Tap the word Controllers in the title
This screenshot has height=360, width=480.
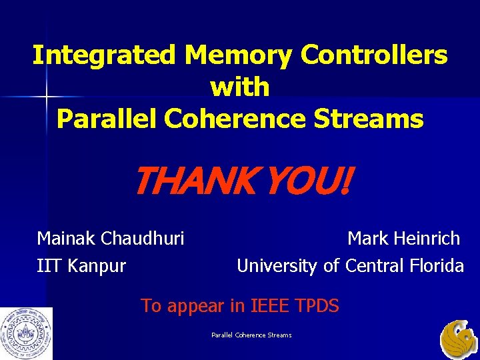tap(374, 55)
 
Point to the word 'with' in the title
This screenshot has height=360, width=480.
tap(240, 87)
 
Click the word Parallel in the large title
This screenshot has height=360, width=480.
tap(106, 119)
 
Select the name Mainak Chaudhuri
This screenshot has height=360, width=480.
tap(111, 238)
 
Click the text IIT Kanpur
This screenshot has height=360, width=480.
tap(81, 266)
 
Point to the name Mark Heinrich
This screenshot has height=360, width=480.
tap(403, 238)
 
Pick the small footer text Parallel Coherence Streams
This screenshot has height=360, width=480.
tap(251, 335)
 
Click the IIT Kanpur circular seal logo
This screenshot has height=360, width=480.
tap(26, 333)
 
